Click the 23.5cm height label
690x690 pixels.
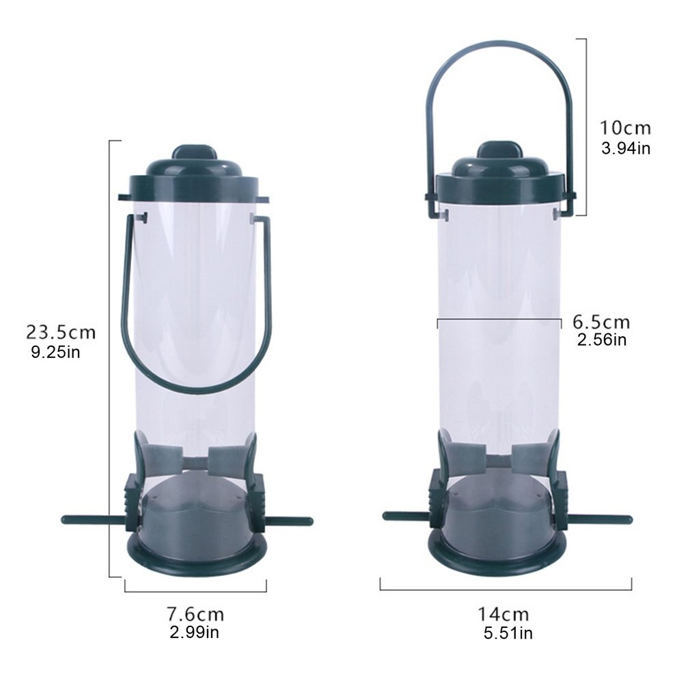[60, 332]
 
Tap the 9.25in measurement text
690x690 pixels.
[56, 353]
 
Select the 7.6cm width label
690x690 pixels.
[195, 614]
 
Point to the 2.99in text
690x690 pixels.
[194, 632]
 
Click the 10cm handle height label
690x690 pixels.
[625, 128]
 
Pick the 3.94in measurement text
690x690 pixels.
[625, 148]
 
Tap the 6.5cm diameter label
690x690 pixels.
[601, 322]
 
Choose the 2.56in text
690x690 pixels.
[601, 340]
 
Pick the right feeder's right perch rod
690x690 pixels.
[601, 519]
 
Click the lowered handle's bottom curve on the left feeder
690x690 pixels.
[196, 389]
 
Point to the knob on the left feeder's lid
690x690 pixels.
[194, 152]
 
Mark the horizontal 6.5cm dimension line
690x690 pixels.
[499, 319]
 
